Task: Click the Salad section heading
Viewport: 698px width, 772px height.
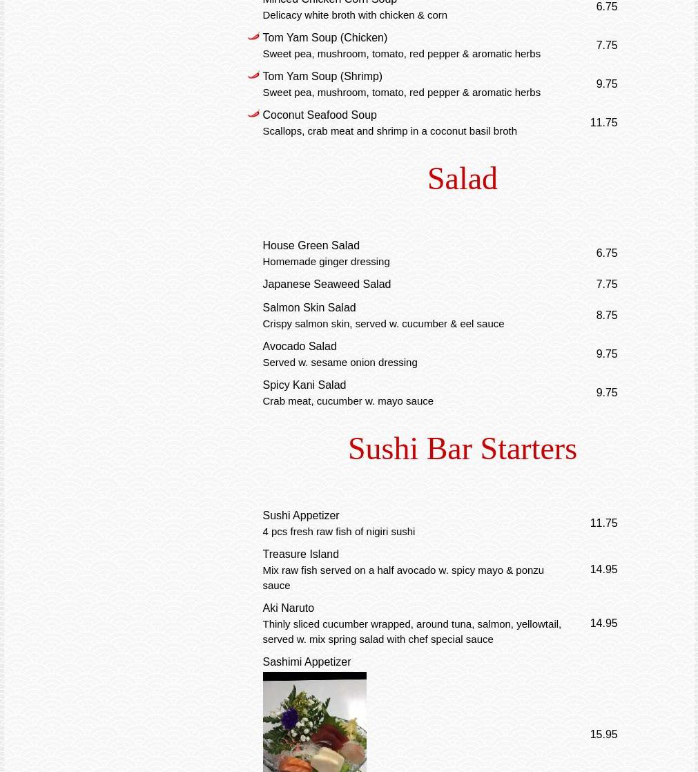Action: point(462,179)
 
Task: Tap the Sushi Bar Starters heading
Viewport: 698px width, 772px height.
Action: point(462,449)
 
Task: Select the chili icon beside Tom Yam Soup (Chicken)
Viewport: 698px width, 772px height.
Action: point(253,37)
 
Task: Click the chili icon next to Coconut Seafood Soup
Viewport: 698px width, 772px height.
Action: point(253,114)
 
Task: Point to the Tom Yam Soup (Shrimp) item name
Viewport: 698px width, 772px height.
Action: point(322,77)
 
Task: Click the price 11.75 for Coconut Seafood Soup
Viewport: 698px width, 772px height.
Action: point(603,123)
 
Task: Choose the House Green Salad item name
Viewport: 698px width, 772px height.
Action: point(311,246)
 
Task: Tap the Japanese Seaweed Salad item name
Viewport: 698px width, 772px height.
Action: point(326,284)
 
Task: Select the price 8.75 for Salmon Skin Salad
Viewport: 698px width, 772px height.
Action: point(606,316)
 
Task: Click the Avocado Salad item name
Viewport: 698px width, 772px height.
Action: point(299,347)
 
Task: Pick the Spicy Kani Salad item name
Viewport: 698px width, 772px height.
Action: point(304,385)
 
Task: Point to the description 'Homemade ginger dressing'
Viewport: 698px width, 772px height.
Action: point(325,262)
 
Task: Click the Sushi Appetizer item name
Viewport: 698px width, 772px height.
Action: point(300,516)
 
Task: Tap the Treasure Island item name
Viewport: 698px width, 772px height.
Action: point(300,554)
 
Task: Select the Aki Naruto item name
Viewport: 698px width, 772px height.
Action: point(288,608)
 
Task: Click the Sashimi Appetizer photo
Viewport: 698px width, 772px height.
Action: point(314,722)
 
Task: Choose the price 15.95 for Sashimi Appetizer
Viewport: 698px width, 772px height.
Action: point(603,735)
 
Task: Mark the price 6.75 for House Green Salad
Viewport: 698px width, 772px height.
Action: point(606,253)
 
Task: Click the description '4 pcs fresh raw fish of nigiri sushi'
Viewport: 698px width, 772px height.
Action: point(338,532)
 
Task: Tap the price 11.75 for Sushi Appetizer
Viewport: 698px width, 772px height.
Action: point(603,523)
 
